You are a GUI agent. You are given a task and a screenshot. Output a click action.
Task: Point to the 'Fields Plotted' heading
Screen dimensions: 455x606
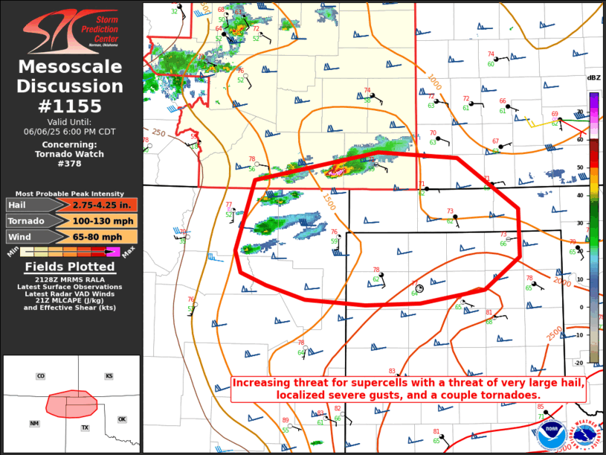pos(70,267)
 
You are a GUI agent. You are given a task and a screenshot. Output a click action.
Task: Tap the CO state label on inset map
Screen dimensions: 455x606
pos(41,376)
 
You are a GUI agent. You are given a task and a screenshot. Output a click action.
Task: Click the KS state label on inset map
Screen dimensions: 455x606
pos(109,376)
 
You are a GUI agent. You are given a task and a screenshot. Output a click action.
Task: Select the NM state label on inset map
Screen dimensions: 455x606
pos(34,423)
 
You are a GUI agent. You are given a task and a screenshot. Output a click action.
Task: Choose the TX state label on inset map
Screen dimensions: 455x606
pos(86,427)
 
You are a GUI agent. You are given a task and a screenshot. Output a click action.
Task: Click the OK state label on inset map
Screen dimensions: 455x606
pos(122,419)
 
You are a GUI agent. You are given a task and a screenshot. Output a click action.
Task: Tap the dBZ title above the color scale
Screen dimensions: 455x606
pos(593,77)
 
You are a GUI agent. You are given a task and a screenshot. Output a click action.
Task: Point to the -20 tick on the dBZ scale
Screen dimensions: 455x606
pos(580,363)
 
